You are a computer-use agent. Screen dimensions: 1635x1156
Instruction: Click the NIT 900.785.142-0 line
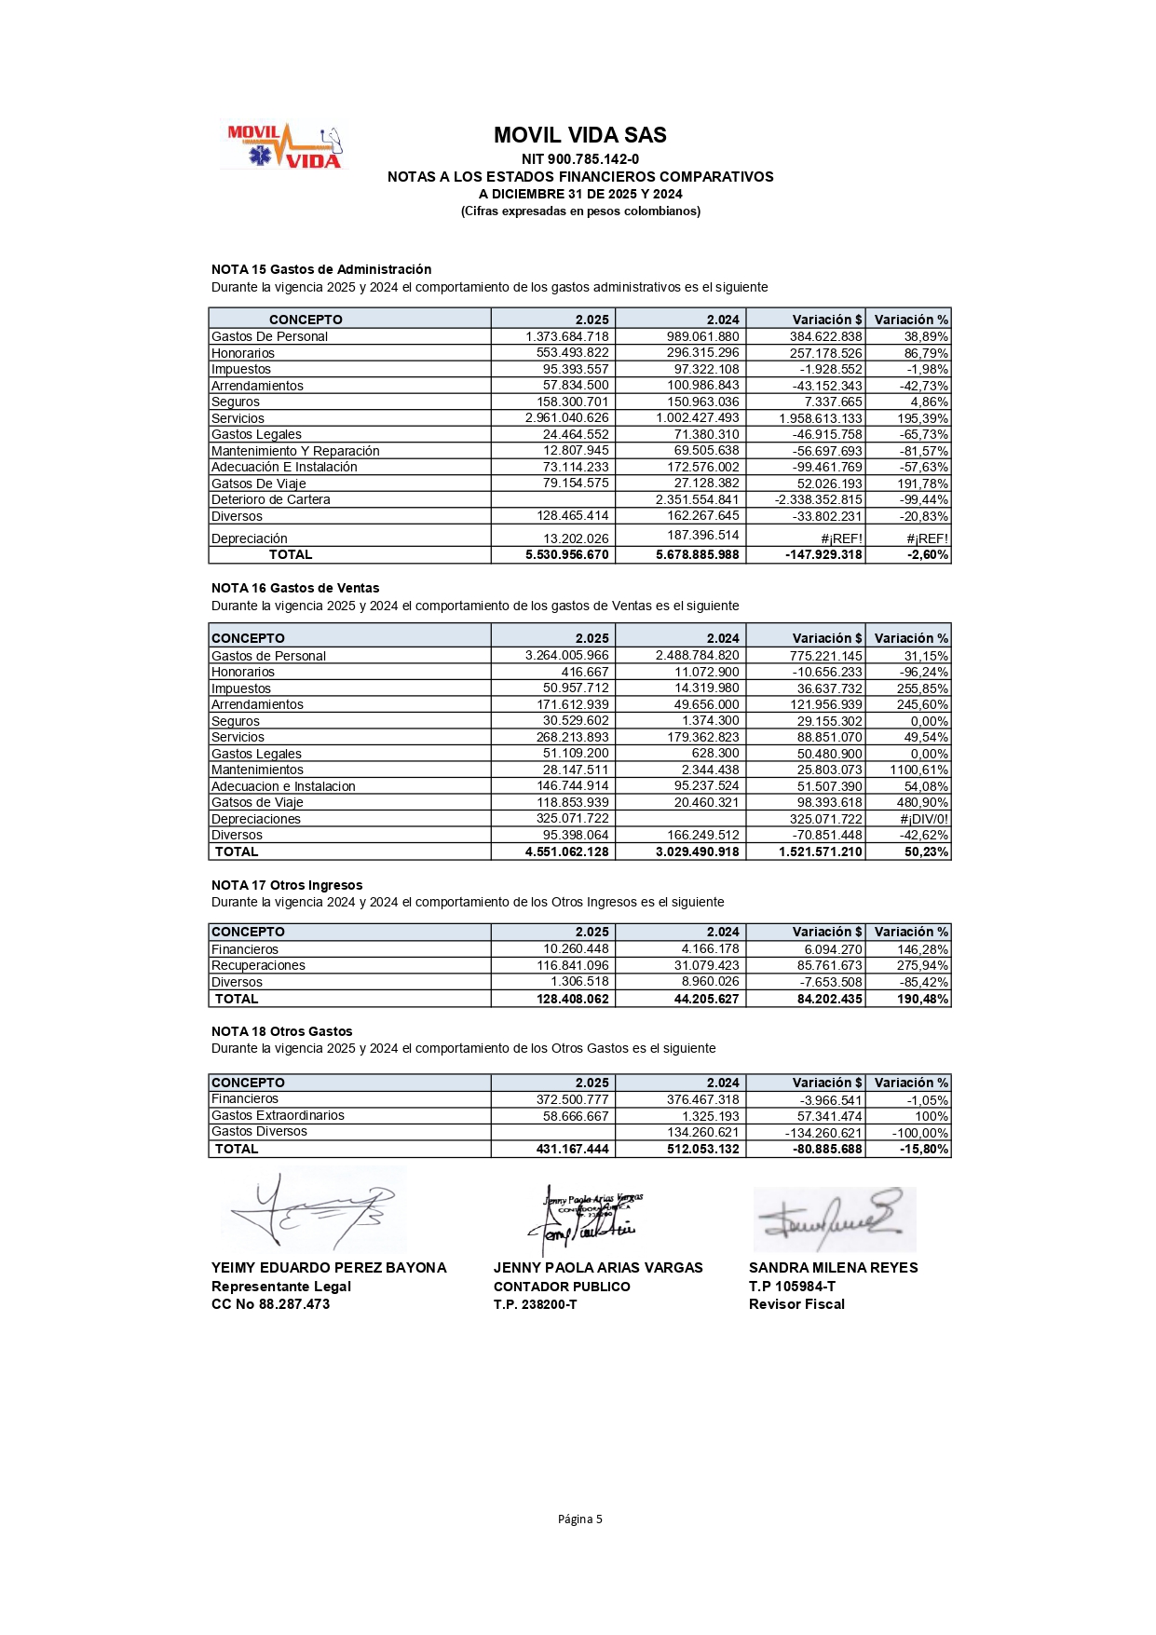point(579,159)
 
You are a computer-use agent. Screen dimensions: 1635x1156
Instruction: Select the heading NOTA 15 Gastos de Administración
point(321,269)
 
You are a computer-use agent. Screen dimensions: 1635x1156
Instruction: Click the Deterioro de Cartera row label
point(270,499)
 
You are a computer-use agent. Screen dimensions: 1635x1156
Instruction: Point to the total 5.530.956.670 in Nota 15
point(566,554)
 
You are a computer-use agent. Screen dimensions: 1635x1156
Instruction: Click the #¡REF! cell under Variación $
point(841,538)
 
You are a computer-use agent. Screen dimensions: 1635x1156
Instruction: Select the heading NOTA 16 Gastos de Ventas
point(295,588)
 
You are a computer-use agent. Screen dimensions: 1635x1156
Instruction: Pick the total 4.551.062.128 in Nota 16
point(566,852)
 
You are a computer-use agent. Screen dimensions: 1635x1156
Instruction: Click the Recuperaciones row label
point(258,965)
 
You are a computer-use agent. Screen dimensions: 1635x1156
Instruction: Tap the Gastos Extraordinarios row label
point(278,1115)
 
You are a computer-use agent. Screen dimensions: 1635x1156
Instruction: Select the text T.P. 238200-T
point(535,1304)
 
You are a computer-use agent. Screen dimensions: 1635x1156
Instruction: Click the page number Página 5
point(579,1519)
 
